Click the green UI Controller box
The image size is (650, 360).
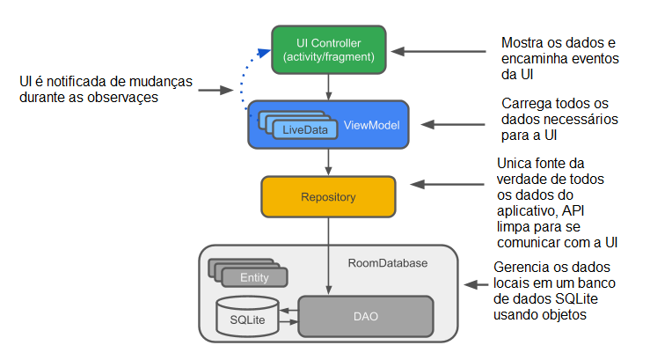click(329, 50)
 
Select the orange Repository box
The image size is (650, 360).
click(329, 197)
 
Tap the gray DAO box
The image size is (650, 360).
click(366, 316)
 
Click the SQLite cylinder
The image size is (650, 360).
click(247, 318)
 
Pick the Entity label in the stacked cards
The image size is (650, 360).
click(253, 277)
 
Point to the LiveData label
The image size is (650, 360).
click(304, 130)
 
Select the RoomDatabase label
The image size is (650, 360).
click(387, 261)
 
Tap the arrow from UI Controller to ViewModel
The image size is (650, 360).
click(329, 86)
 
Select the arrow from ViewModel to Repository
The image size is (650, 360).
click(329, 161)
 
